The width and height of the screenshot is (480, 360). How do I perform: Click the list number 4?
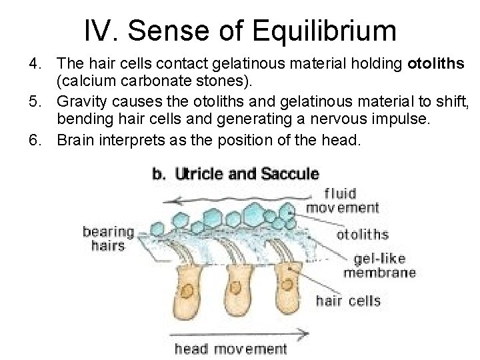(x=34, y=64)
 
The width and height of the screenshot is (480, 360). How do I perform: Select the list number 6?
(x=34, y=140)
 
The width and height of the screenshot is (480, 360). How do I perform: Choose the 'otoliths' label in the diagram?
(x=363, y=234)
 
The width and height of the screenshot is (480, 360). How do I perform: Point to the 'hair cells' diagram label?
(x=348, y=300)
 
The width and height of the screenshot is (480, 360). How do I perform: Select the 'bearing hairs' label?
(x=107, y=239)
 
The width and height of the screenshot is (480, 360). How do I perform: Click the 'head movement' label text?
(x=231, y=348)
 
